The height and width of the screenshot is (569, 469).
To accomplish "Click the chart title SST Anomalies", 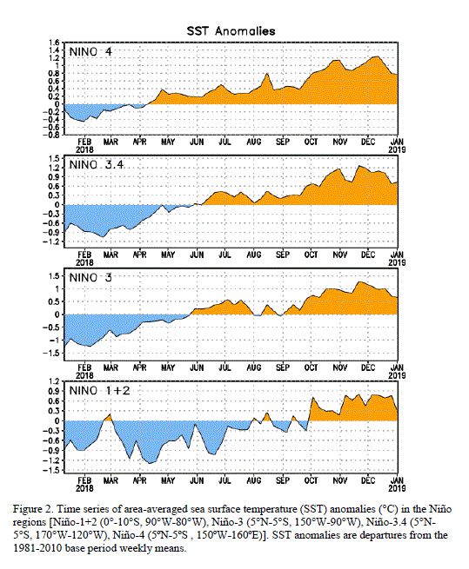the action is (231, 31).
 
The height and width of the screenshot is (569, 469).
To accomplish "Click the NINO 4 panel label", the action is (90, 52).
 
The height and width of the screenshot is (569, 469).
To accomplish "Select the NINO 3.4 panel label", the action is (97, 165).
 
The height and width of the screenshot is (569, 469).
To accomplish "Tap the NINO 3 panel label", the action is (90, 278).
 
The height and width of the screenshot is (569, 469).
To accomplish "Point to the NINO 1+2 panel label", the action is (99, 391).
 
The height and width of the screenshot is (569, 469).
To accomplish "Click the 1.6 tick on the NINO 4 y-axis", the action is (53, 43).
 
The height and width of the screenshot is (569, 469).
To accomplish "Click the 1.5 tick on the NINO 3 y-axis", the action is (53, 275).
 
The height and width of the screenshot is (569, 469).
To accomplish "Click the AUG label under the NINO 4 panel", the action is (254, 142).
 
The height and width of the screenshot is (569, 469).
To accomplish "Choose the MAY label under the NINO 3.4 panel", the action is (168, 255).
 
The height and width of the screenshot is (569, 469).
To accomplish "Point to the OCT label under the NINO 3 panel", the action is (312, 367).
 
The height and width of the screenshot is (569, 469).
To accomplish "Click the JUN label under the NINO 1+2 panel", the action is (197, 480).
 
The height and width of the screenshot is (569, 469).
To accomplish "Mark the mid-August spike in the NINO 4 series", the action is (267, 74).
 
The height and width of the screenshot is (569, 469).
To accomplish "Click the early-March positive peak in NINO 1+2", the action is (110, 414).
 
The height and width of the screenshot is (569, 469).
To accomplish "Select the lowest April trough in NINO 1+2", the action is (151, 463).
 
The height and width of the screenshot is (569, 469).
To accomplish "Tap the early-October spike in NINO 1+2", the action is (312, 398).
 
